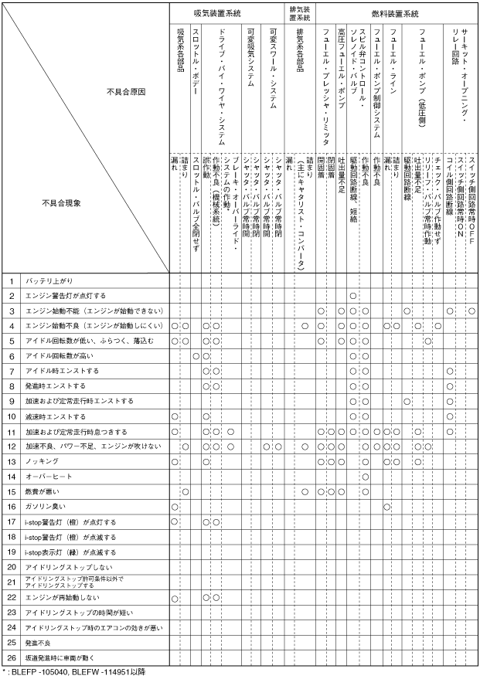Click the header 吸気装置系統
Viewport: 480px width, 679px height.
click(x=226, y=14)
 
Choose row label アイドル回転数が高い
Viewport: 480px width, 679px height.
click(x=54, y=356)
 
